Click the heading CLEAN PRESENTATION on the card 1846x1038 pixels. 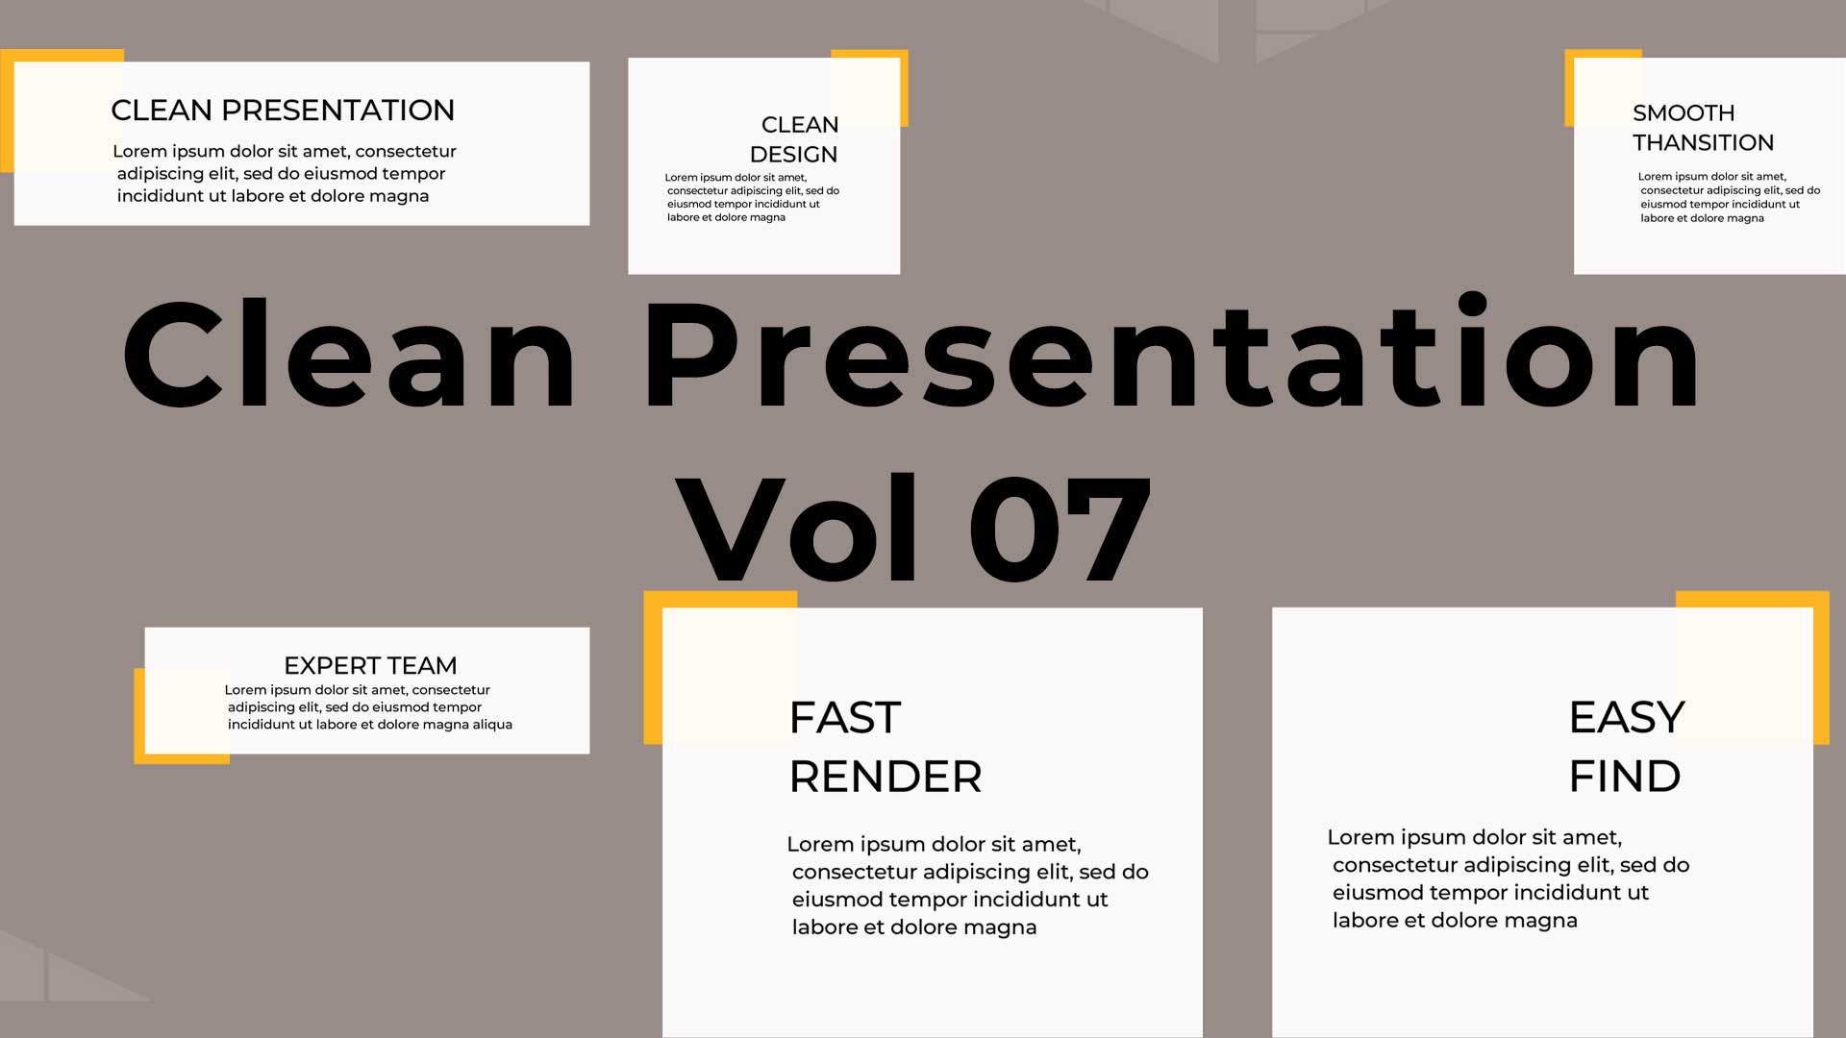pos(283,111)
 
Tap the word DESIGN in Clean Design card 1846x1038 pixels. pos(793,155)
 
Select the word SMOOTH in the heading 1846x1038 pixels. pos(1684,112)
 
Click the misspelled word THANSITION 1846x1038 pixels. pos(1703,142)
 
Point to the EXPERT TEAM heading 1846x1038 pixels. pos(370,665)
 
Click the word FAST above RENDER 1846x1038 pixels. pos(845,718)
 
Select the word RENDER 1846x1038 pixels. pos(886,777)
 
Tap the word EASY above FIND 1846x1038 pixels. pos(1627,717)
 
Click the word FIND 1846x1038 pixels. pos(1625,776)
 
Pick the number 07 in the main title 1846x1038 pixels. pos(1060,529)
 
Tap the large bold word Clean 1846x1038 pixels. pos(350,354)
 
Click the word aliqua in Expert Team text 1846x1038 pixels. pos(492,725)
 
